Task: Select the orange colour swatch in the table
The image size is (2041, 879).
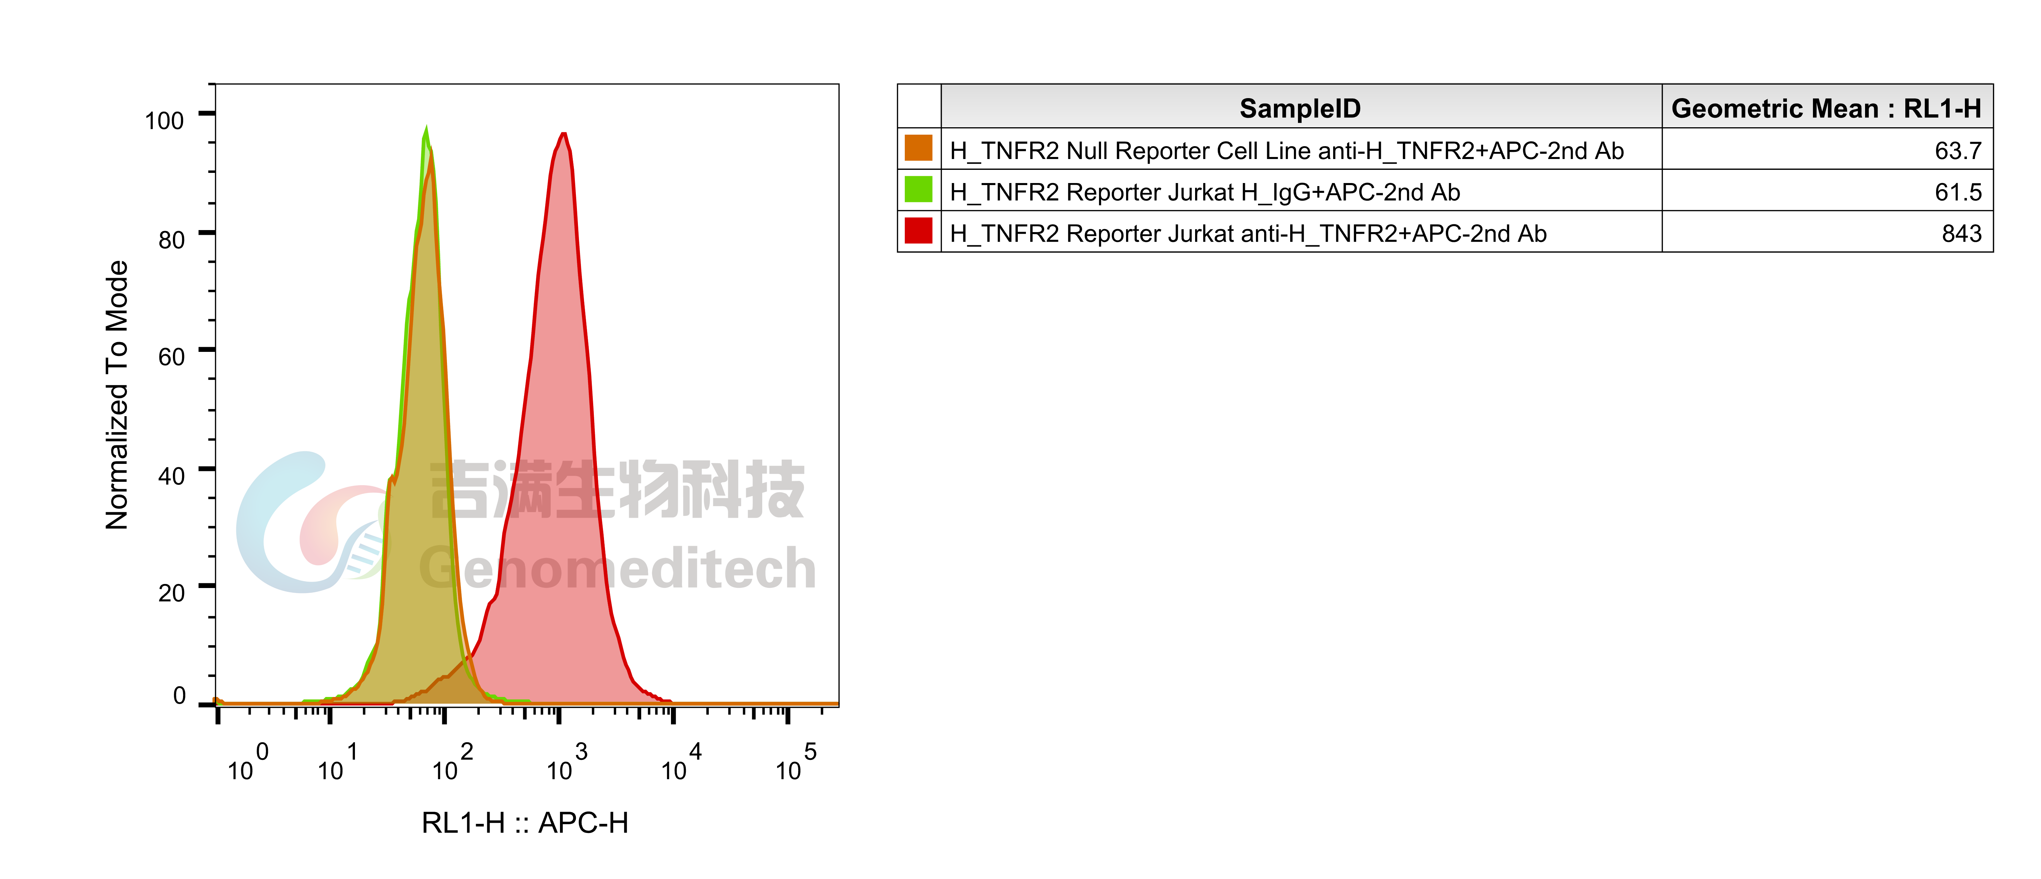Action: (x=918, y=148)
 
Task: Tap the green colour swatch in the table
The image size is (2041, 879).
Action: (x=918, y=190)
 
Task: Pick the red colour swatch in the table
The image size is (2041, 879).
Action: (x=918, y=231)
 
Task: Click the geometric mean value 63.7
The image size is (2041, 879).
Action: (x=1958, y=151)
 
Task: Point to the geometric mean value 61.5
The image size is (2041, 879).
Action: (x=1958, y=192)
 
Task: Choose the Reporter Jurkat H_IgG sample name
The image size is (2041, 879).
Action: (x=1204, y=192)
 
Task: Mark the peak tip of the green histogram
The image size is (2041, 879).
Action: (x=426, y=127)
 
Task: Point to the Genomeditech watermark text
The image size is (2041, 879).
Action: (x=618, y=568)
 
